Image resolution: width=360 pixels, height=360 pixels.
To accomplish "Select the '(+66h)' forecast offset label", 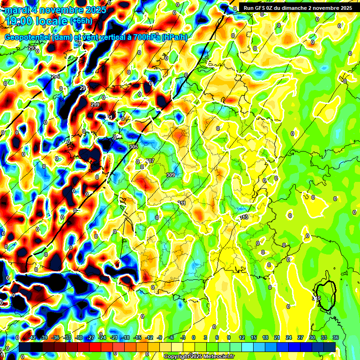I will (x=81, y=21).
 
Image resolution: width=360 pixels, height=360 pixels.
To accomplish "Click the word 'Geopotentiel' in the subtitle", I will (x=28, y=37).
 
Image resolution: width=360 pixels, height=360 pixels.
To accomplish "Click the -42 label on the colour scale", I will (x=32, y=337).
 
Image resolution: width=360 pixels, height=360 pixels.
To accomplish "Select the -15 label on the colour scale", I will (x=137, y=337).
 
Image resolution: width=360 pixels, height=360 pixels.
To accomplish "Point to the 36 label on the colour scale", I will (x=336, y=337).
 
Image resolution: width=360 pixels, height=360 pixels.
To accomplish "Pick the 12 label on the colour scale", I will (x=242, y=337).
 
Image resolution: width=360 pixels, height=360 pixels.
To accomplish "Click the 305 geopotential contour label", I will (x=134, y=147).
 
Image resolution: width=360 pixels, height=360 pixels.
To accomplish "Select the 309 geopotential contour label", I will (x=171, y=175).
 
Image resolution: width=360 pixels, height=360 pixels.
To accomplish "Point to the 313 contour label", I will (x=244, y=217).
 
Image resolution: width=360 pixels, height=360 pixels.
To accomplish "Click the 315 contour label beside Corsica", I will (x=316, y=298).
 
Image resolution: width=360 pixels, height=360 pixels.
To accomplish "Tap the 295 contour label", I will (x=55, y=76).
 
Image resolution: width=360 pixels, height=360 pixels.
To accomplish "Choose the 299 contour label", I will (x=95, y=104).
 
